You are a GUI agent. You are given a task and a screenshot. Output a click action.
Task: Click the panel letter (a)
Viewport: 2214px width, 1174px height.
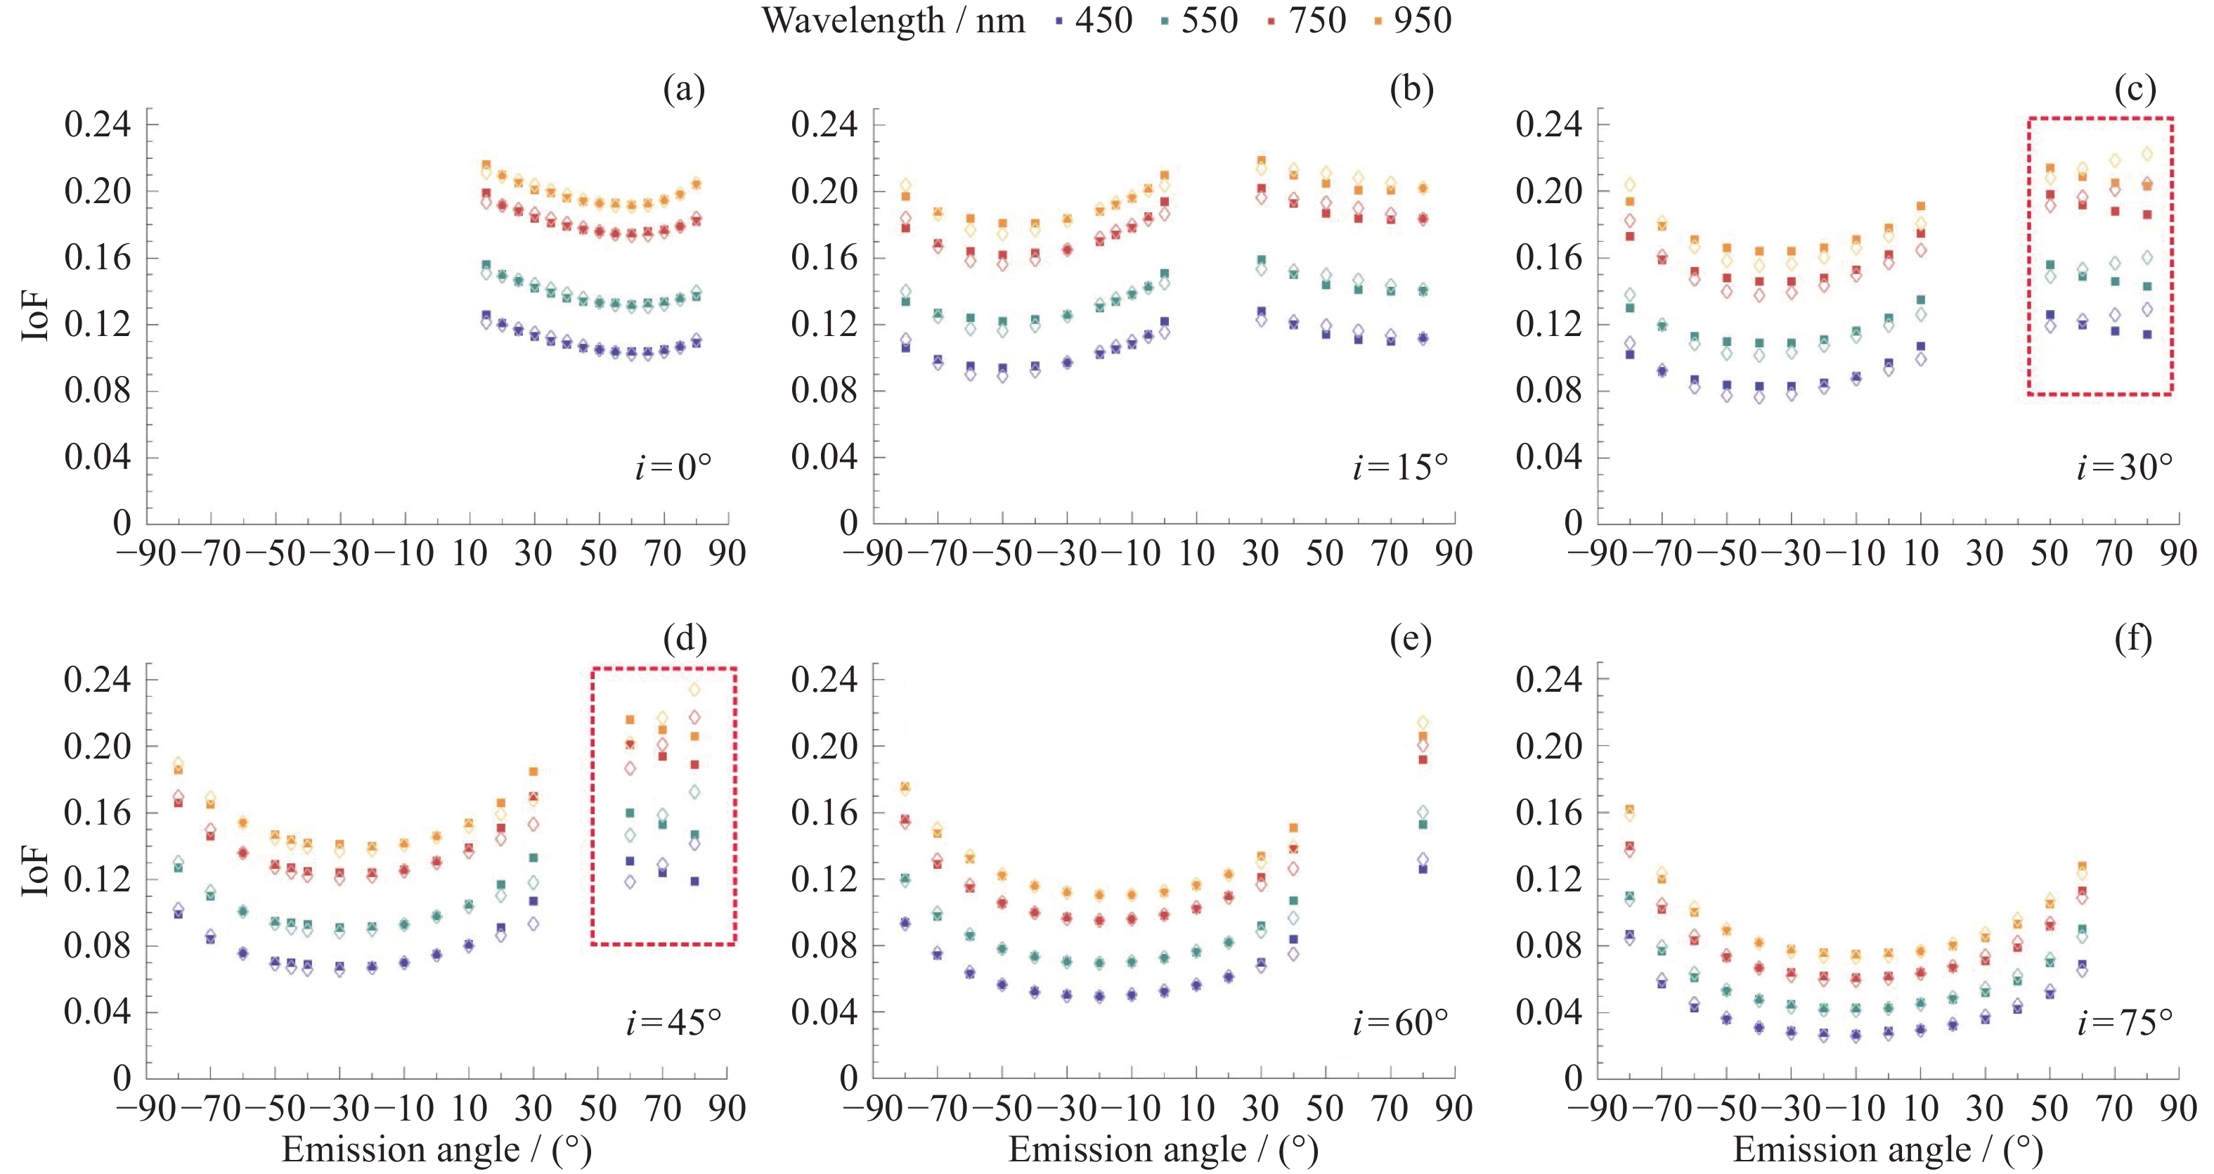[x=684, y=89]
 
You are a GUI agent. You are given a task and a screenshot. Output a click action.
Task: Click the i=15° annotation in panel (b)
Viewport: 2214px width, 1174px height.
[x=1400, y=467]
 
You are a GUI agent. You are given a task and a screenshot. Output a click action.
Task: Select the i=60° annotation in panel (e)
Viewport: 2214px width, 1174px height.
[x=1400, y=1023]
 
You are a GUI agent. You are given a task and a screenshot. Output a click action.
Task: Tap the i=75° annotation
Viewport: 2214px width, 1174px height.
[x=2125, y=1023]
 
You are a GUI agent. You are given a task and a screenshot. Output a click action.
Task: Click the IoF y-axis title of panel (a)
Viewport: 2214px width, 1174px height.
[x=34, y=317]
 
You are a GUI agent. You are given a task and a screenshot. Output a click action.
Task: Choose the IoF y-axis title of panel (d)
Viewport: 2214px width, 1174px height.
[x=34, y=872]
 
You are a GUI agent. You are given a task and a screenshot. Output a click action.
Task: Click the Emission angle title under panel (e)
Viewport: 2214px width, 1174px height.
[x=1163, y=1150]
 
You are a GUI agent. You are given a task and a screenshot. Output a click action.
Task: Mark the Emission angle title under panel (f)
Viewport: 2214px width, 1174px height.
[x=1887, y=1150]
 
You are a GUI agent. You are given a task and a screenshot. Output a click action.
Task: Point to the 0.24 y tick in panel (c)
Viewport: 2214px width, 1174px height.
[x=1548, y=124]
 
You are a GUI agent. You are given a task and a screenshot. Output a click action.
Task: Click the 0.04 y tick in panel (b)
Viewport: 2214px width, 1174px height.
[x=823, y=457]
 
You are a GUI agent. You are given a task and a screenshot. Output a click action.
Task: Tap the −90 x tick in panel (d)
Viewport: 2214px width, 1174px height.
[x=145, y=1109]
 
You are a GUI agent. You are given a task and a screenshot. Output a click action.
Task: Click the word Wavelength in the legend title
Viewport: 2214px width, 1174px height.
[x=853, y=20]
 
